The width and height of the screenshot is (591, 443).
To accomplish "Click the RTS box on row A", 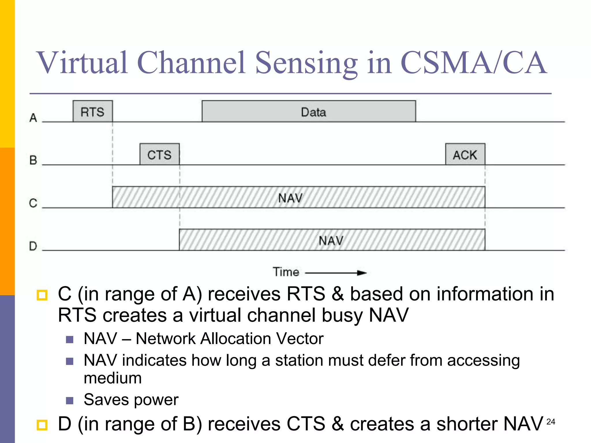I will tap(92, 112).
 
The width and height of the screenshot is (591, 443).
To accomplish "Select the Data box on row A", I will tap(309, 112).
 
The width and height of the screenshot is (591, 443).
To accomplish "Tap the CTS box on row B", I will tap(159, 154).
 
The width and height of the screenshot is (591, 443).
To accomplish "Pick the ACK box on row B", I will tap(465, 154).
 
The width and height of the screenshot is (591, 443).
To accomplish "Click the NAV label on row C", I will tap(290, 198).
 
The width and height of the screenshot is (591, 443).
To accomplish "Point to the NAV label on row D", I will tap(331, 240).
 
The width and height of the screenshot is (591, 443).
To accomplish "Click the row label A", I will tap(33, 118).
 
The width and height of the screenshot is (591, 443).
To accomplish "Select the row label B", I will tap(33, 160).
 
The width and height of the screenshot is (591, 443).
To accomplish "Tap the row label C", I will tap(33, 203).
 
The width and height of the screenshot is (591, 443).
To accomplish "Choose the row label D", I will tap(33, 246).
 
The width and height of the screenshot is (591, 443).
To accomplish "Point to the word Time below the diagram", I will tap(286, 272).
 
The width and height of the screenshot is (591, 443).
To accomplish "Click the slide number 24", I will tap(551, 422).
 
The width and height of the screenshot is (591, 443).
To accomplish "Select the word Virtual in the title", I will tap(82, 63).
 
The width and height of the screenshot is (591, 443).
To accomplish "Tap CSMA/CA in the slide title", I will tap(473, 63).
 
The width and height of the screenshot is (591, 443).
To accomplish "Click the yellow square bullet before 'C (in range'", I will tap(42, 295).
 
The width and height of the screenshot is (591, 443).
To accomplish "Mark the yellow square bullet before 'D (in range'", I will tap(42, 425).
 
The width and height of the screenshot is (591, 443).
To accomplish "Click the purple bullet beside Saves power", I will tap(70, 400).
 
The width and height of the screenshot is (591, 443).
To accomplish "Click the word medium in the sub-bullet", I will tap(113, 378).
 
